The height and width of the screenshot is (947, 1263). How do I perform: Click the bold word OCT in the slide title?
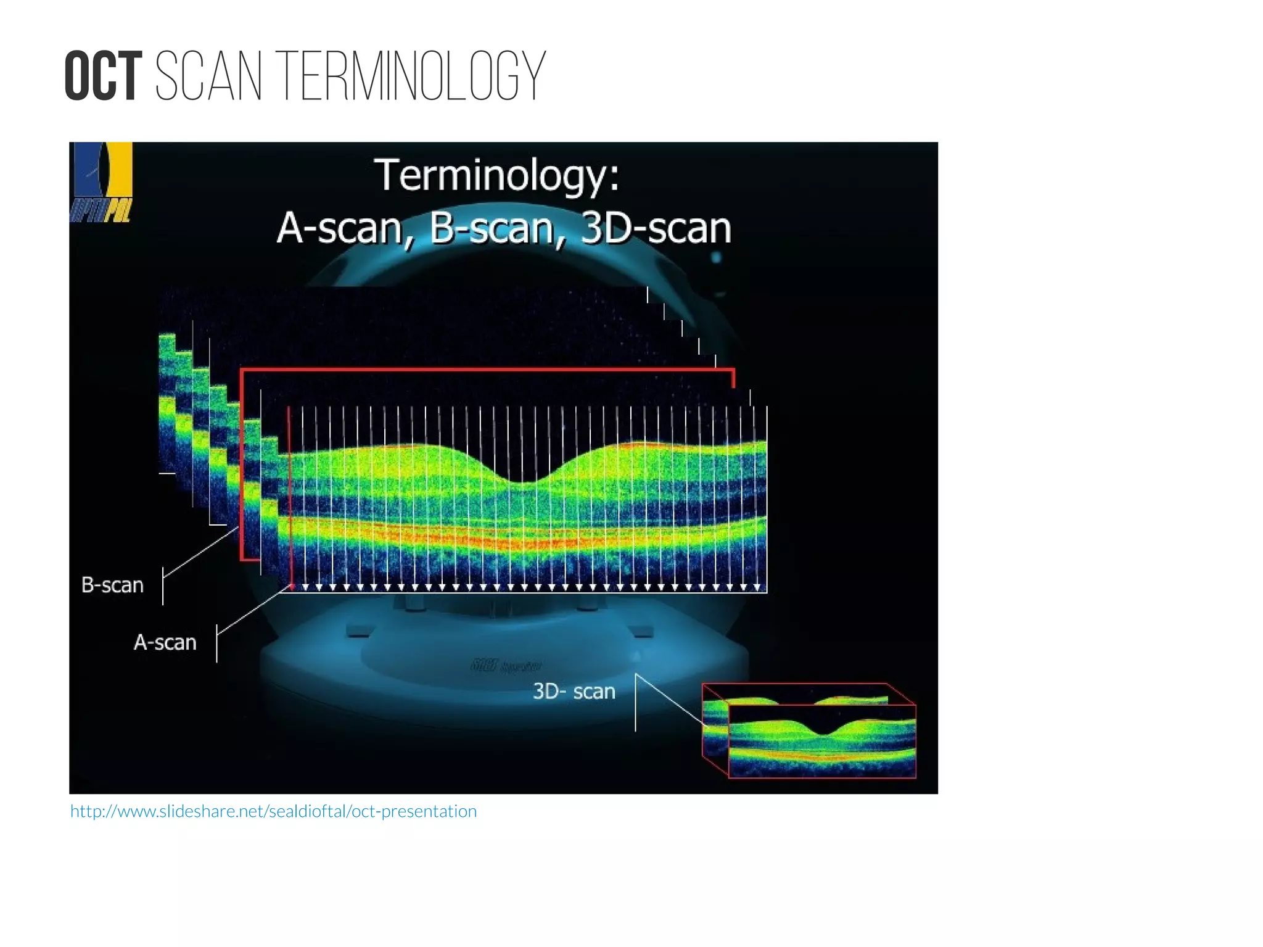pos(102,77)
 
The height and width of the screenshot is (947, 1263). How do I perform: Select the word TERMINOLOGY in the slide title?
pos(414,77)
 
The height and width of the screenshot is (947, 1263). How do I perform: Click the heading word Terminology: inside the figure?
pos(497,175)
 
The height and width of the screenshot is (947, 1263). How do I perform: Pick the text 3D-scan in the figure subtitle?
pos(656,228)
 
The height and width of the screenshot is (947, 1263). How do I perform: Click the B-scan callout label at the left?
pos(112,585)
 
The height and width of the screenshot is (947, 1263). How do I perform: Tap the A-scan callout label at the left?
pos(165,643)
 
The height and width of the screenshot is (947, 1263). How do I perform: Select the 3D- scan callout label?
pos(574,692)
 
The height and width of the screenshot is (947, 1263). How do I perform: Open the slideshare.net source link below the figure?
pos(273,811)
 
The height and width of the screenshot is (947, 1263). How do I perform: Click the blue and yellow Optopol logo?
pos(101,182)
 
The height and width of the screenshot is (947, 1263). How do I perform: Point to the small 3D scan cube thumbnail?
pos(809,731)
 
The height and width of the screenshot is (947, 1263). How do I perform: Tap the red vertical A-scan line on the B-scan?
pos(289,494)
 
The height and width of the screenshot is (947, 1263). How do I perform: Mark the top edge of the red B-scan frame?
pos(487,370)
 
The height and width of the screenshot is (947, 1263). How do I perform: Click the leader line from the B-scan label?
pos(200,553)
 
